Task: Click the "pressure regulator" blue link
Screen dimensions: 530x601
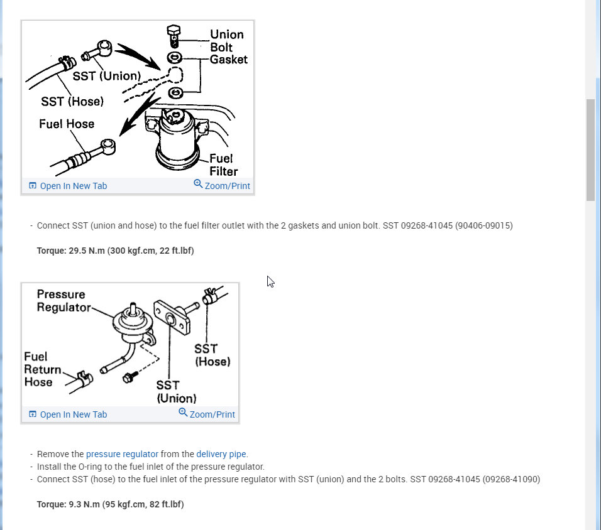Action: (122, 454)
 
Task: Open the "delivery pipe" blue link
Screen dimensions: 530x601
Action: (221, 454)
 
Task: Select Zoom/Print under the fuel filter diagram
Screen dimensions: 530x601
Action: (222, 186)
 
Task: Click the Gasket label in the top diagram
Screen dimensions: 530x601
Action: (229, 60)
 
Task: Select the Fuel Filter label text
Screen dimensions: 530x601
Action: (223, 165)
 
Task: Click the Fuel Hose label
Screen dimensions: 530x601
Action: (67, 124)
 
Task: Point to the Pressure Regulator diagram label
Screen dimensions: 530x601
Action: (62, 300)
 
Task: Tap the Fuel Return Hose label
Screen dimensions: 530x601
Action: (42, 369)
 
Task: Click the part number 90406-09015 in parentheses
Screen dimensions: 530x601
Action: (483, 225)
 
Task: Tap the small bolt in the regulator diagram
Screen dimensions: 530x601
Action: (130, 377)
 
